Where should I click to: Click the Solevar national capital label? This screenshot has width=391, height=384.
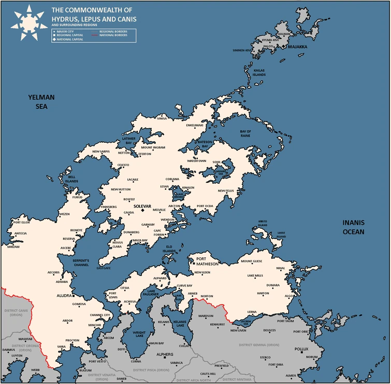[142, 207]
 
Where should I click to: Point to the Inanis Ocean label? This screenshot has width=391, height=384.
[354, 227]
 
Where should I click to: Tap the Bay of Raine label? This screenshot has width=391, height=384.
[245, 134]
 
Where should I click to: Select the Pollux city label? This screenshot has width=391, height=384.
[301, 350]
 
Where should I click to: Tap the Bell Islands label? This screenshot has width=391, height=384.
[71, 179]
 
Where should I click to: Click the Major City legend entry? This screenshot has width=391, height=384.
[65, 32]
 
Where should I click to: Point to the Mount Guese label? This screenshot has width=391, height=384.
[252, 262]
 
